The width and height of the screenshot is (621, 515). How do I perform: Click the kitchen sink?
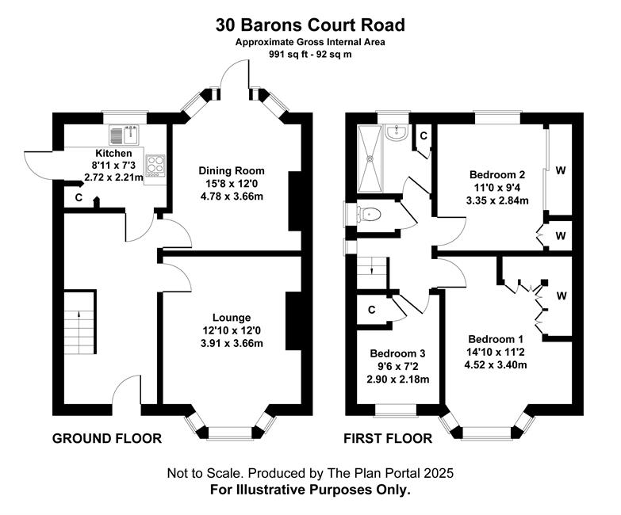click(x=124, y=135)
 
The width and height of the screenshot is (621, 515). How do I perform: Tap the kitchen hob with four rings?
click(x=155, y=166)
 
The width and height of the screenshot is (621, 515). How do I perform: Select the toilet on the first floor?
click(x=369, y=215)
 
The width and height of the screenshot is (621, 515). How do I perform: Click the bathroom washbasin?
click(x=396, y=132)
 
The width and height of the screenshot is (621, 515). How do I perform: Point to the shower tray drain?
click(x=370, y=158)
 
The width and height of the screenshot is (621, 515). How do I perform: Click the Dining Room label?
click(x=232, y=171)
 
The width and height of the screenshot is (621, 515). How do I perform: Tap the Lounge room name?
click(x=232, y=318)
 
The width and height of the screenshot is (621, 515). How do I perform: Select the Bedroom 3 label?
click(x=397, y=353)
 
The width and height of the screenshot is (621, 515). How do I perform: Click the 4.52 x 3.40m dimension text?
click(x=496, y=364)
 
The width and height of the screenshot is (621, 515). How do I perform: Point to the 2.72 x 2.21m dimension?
click(x=113, y=177)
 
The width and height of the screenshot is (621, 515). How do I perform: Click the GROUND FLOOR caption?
click(x=107, y=439)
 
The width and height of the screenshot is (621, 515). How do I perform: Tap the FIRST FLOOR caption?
click(x=388, y=439)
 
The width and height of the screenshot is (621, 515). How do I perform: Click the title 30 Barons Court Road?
click(x=310, y=25)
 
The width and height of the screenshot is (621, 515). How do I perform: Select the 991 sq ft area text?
click(x=287, y=55)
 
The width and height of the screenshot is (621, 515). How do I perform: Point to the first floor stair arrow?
click(x=371, y=271)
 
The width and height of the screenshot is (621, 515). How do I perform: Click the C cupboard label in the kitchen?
click(x=79, y=197)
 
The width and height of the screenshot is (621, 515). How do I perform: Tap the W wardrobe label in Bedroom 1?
click(x=562, y=296)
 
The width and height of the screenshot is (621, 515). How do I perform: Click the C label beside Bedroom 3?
click(x=371, y=310)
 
